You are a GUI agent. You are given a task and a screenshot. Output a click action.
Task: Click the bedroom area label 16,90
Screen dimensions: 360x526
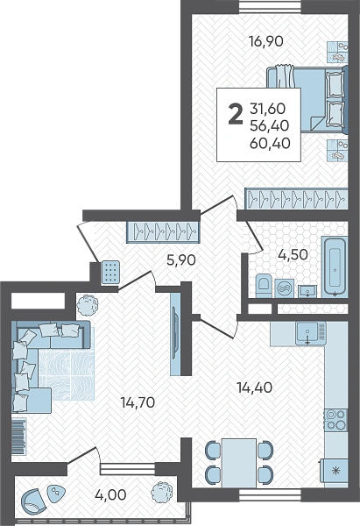(x=265, y=41)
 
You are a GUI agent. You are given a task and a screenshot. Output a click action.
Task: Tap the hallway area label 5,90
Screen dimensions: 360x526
(x=181, y=260)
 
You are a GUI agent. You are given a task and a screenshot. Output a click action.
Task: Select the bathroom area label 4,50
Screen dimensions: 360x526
(x=293, y=254)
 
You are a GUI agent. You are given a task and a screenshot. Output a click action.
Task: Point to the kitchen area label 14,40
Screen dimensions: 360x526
(x=254, y=387)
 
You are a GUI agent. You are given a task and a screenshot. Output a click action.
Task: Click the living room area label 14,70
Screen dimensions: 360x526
(x=138, y=402)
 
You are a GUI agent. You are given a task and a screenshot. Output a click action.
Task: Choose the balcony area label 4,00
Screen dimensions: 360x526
(x=110, y=494)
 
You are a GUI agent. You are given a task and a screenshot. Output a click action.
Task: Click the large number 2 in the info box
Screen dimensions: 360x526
(x=236, y=114)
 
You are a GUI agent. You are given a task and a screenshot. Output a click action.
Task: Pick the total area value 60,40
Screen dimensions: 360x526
(x=270, y=144)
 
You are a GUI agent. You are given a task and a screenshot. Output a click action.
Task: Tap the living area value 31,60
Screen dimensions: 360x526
(x=267, y=109)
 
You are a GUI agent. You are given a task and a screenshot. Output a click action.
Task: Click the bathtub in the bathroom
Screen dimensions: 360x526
(x=335, y=267)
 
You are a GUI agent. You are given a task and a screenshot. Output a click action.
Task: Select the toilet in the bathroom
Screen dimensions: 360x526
(x=265, y=286)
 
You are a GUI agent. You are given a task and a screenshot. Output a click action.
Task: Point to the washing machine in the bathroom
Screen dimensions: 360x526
(x=285, y=288)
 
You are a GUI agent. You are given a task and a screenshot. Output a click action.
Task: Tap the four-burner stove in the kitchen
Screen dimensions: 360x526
(x=335, y=420)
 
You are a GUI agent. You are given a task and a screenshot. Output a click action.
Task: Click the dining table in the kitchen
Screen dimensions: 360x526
(x=238, y=463)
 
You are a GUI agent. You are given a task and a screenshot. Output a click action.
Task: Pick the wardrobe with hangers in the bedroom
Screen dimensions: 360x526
(x=296, y=199)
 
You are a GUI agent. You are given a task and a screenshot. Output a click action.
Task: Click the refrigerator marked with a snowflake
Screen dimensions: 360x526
(x=335, y=471)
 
